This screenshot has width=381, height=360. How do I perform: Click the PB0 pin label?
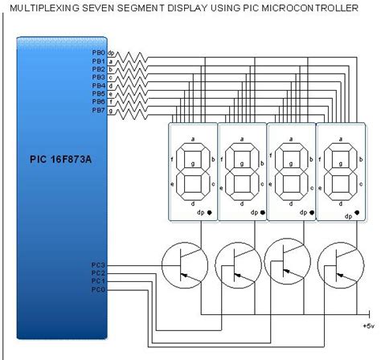[97, 53]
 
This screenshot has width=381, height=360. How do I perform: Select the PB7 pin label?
[97, 110]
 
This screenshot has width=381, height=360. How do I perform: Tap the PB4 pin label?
[97, 86]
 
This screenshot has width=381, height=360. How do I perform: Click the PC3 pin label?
[97, 264]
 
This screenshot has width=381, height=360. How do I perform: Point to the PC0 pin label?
[97, 288]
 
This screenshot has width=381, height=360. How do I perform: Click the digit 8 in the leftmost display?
[193, 170]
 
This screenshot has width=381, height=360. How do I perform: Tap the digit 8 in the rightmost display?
[338, 170]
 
